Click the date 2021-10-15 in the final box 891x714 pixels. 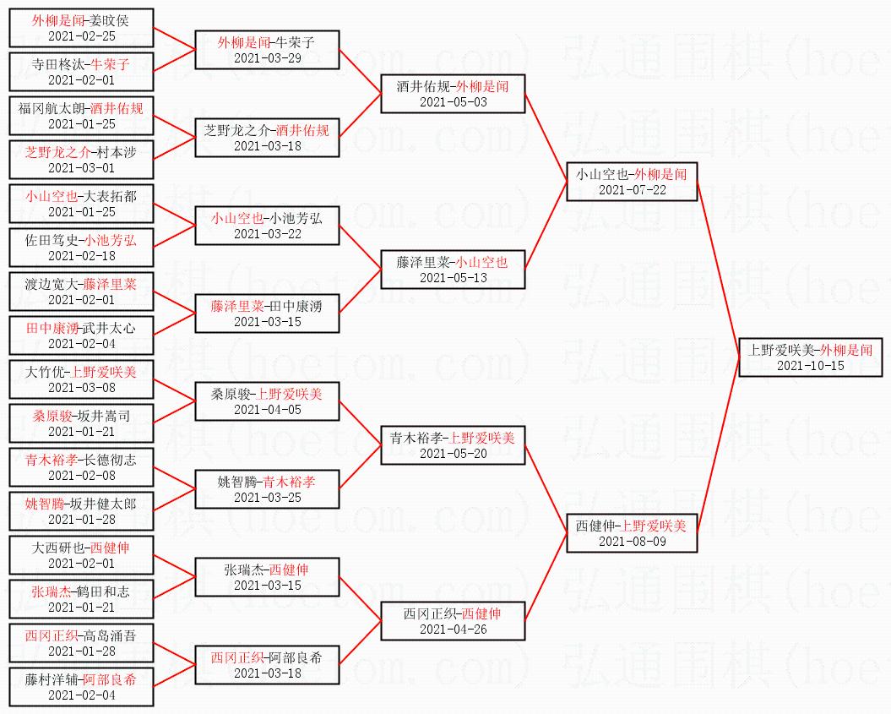point(810,366)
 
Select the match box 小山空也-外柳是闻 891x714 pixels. point(631,182)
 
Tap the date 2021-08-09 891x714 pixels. point(632,542)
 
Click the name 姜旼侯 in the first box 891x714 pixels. point(109,19)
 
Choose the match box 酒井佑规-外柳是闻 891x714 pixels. point(453,94)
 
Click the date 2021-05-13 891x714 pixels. point(454,278)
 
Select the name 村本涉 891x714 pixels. point(116,152)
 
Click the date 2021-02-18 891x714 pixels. point(81,256)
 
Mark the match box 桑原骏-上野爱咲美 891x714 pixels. point(267,401)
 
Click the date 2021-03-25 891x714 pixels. point(267,498)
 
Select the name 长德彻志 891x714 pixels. point(109,460)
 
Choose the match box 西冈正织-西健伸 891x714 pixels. point(453,621)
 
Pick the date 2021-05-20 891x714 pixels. point(454,454)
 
